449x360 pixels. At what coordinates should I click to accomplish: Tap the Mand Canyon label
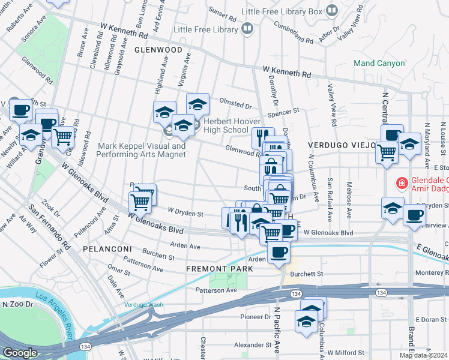379,63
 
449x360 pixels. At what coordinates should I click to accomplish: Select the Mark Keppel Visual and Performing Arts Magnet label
142,150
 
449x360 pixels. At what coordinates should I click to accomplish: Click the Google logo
20,353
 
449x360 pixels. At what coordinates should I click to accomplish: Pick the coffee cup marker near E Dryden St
413,215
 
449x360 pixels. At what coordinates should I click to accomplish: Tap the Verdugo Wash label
144,304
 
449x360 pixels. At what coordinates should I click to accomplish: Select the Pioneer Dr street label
256,317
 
